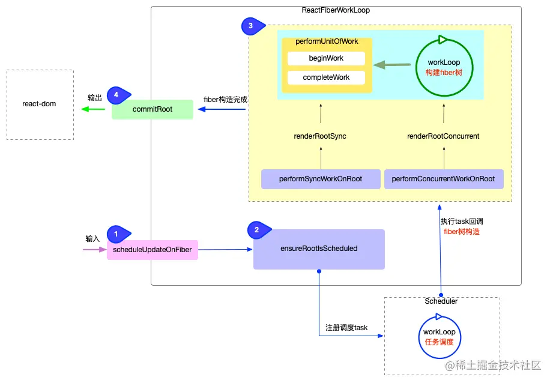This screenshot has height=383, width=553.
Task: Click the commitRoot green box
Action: coord(153,110)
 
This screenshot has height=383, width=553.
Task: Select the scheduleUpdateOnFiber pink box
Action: coord(153,250)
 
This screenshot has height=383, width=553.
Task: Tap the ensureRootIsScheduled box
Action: coord(319,249)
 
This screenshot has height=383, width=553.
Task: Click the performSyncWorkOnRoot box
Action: coord(321,179)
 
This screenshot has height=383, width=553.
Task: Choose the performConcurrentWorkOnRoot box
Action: coord(443,179)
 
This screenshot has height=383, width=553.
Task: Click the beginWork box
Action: coord(326,58)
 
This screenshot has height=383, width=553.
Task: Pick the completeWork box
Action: coord(326,77)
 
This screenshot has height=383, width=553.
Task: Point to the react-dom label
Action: coord(39,104)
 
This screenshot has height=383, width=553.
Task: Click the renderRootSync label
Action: coord(320,136)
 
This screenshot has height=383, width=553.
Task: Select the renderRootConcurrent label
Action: coord(443,136)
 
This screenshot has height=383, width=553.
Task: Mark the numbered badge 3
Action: coord(249,26)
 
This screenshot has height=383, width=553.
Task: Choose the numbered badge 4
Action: coord(115,95)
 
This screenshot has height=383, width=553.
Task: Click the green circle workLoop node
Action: coord(444,67)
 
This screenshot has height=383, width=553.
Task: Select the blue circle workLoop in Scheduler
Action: coord(439,336)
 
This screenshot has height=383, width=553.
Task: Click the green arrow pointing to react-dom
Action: coord(93,109)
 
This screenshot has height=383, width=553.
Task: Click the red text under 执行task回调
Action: coord(461,231)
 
